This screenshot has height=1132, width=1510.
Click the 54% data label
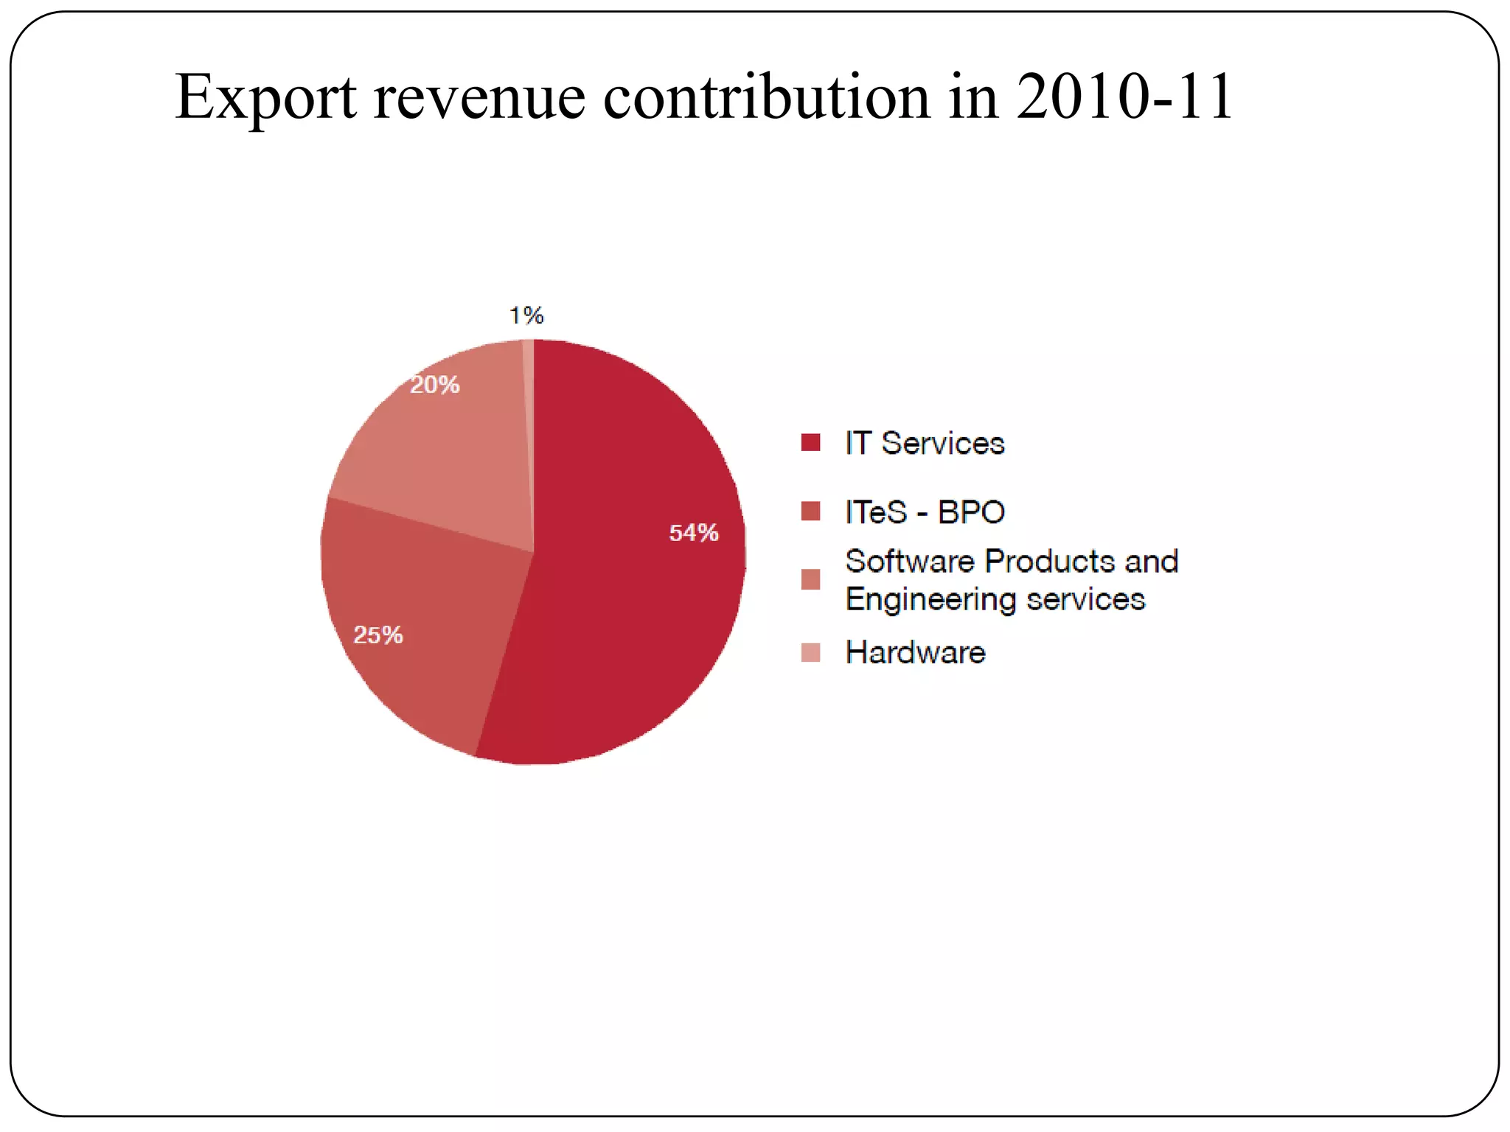(x=693, y=533)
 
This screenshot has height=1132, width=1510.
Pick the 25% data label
(x=378, y=635)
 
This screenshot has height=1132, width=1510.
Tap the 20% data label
(x=435, y=385)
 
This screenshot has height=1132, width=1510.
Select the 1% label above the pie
(x=526, y=316)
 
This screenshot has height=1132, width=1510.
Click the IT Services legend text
(x=925, y=443)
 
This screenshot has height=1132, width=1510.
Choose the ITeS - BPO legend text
(x=925, y=512)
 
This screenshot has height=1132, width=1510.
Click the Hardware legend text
(x=915, y=652)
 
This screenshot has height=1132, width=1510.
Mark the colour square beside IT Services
(x=810, y=442)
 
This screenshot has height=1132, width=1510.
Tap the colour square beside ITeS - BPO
(x=810, y=511)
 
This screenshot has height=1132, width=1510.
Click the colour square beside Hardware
(x=810, y=652)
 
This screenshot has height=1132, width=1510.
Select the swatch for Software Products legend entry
(x=810, y=580)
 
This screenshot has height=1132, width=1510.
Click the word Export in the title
(x=265, y=97)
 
